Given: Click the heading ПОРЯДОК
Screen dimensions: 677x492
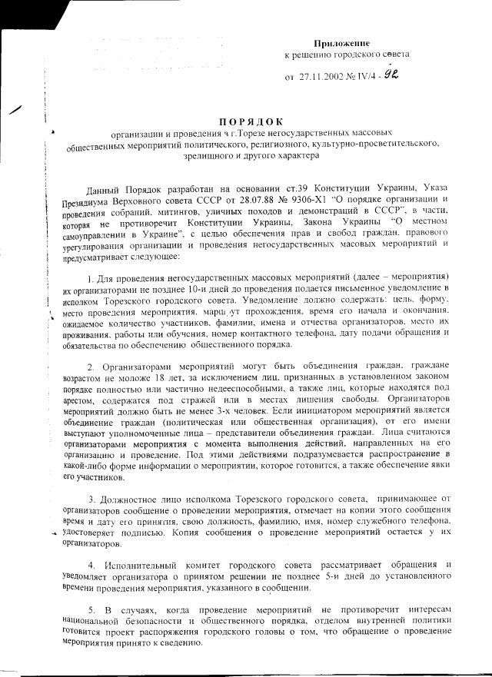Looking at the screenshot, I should tap(251, 121).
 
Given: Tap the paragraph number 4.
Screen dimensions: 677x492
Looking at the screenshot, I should tap(91, 566).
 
